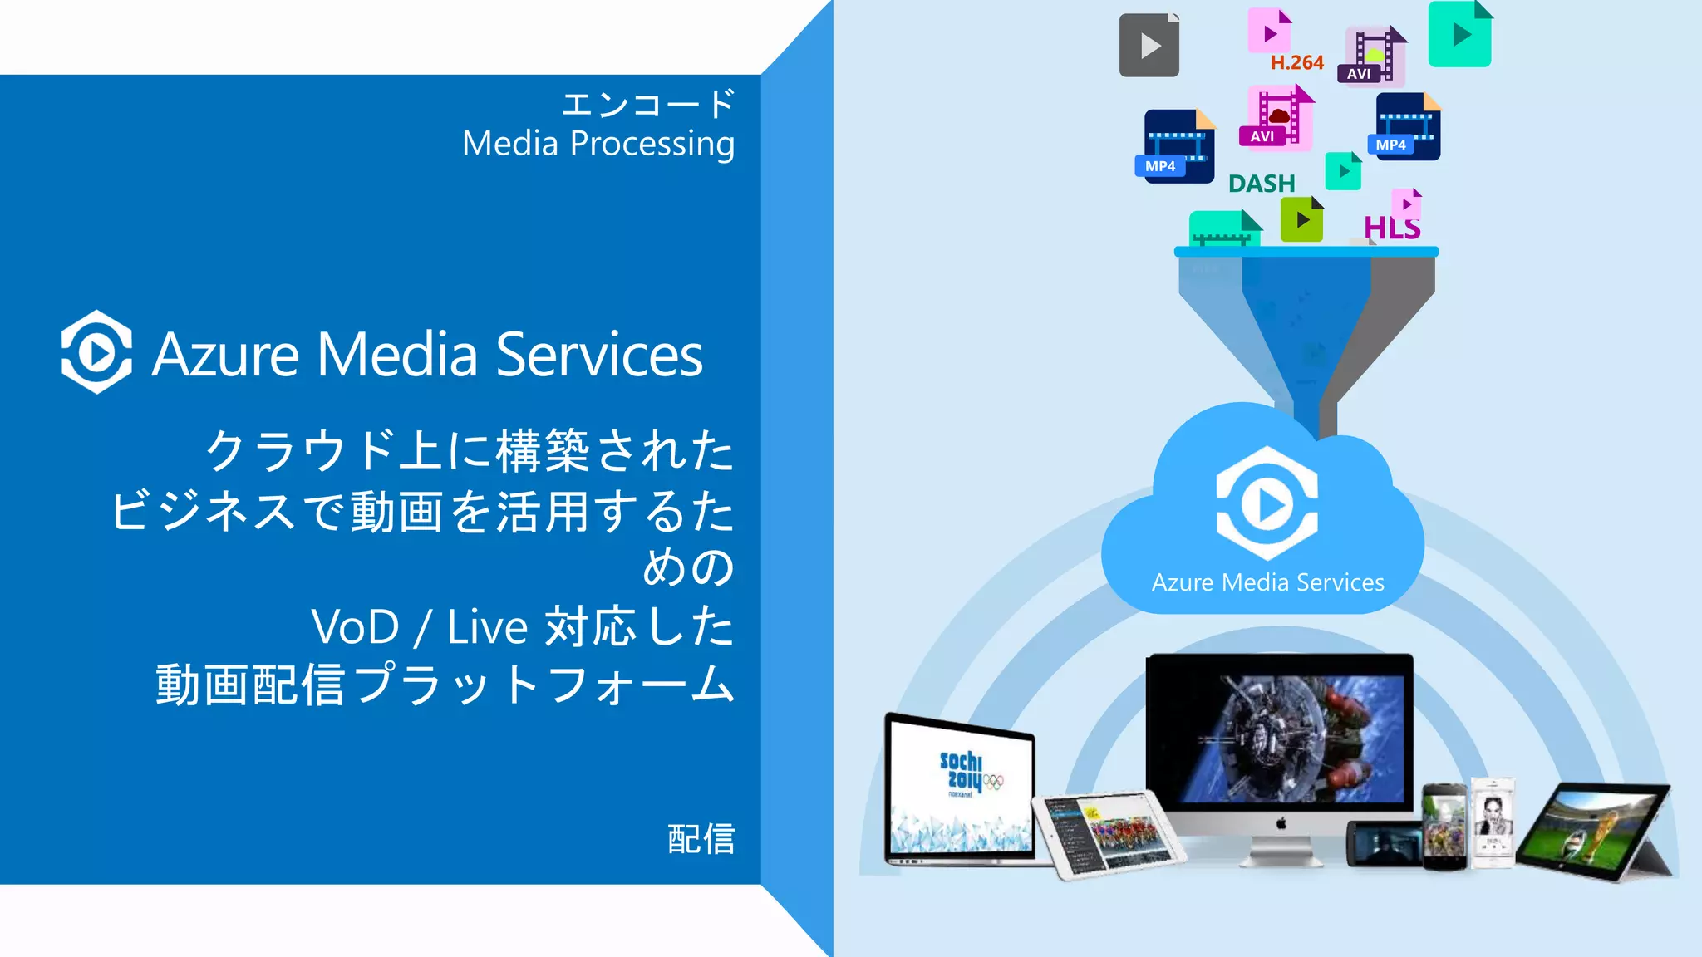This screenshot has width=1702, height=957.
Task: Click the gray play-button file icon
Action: (1149, 46)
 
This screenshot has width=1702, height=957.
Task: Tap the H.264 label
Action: (1296, 63)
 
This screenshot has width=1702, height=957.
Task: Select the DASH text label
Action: (1262, 184)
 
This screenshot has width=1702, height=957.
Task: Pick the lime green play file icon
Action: (1301, 220)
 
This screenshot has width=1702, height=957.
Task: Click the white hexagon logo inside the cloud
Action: (1267, 503)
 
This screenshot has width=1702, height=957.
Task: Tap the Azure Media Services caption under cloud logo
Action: (1267, 582)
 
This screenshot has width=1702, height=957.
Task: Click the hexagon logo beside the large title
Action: (96, 352)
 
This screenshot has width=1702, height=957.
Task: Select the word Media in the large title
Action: (397, 355)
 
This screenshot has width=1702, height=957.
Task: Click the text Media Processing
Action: (598, 144)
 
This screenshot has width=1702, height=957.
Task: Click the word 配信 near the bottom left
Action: (701, 839)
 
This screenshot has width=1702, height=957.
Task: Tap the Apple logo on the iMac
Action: (1281, 823)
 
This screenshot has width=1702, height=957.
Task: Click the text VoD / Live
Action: (419, 627)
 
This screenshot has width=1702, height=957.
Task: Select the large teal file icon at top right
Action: (1459, 35)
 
